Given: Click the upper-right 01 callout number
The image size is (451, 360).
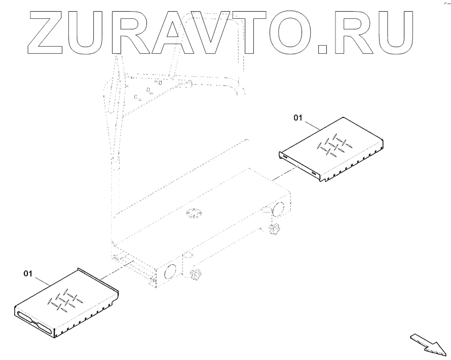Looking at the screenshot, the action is pos(297,117).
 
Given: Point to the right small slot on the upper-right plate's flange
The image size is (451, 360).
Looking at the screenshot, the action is pos(315,175).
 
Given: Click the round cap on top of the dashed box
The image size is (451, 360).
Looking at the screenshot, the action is pos(194,214).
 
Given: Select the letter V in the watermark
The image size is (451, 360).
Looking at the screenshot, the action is pos(215,32).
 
